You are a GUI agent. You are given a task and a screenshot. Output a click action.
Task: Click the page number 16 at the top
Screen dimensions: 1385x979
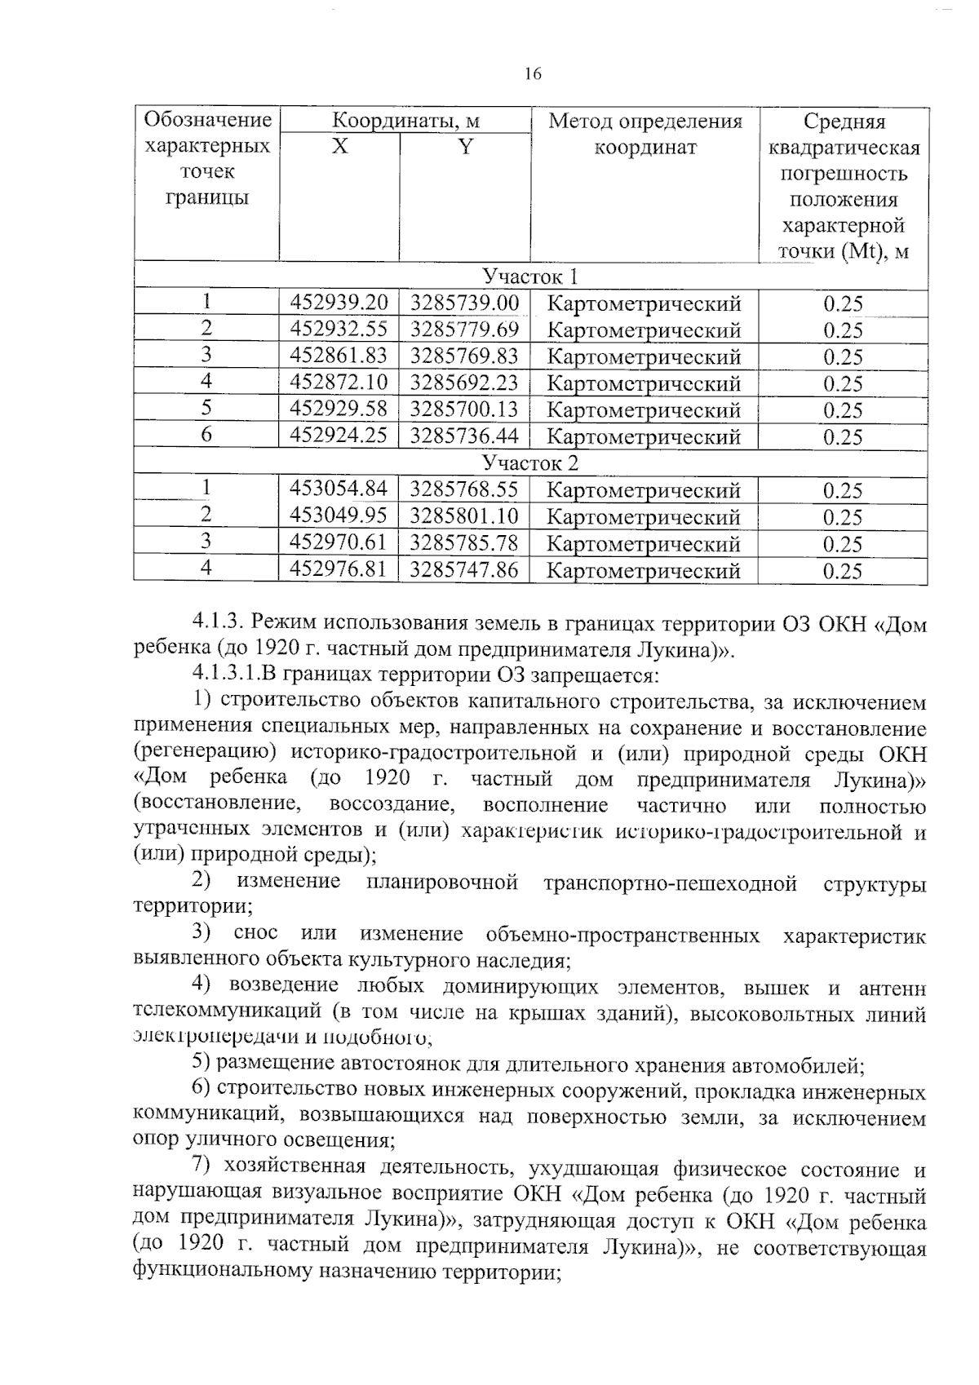[x=532, y=75]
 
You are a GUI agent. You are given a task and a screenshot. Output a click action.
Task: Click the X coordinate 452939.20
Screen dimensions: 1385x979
[x=339, y=303]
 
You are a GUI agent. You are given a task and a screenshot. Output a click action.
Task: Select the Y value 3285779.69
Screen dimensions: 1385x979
[x=464, y=330]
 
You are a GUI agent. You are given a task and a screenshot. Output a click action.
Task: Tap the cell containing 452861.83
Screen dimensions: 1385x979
[x=339, y=356]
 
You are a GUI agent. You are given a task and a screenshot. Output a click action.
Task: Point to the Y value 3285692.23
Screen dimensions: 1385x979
[x=464, y=383]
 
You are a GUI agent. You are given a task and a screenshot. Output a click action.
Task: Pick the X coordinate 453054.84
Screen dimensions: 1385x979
[x=339, y=489]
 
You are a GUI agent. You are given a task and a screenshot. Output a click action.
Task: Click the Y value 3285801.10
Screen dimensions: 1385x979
[x=464, y=516]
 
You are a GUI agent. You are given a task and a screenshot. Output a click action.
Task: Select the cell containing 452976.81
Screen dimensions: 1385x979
[x=339, y=569]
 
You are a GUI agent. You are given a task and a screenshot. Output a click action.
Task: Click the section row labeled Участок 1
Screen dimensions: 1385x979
[x=530, y=276]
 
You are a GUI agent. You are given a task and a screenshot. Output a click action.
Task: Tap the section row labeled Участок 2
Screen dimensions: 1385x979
[x=530, y=463]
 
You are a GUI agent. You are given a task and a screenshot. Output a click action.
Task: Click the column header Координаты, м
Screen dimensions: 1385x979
[x=405, y=122]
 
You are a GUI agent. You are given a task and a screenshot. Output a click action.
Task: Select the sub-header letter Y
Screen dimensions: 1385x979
[x=465, y=148]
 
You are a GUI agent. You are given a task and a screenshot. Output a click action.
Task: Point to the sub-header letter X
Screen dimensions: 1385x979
[x=339, y=148]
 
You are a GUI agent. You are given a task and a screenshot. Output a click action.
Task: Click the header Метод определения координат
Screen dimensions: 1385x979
[x=645, y=135]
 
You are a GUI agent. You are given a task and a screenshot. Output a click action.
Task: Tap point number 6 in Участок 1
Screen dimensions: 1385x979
[x=206, y=436]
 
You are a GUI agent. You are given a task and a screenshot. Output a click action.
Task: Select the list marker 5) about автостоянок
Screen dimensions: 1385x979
[x=202, y=1064]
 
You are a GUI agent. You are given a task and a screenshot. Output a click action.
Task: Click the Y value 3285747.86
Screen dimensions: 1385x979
[x=464, y=569]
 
